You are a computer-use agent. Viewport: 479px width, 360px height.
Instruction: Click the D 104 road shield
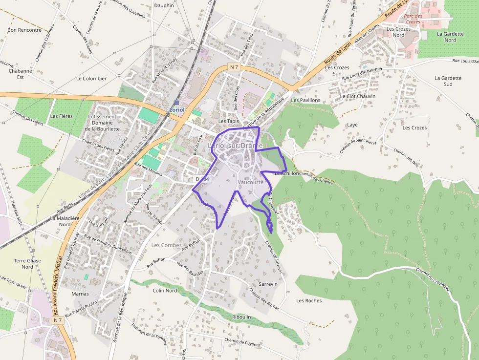coord(202,180)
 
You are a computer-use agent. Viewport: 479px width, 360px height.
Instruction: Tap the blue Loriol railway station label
coord(176,110)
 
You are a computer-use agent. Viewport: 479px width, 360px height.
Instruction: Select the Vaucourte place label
coord(250,182)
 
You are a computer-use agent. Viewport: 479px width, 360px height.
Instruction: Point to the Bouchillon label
coord(287,173)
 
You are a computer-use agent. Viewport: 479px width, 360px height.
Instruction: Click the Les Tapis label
coord(228,121)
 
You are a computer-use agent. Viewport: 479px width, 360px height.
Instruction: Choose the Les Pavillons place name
coord(305,100)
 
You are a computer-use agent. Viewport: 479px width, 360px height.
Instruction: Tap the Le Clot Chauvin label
coord(358,96)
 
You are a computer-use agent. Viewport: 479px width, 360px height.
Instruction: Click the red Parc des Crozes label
coord(413,19)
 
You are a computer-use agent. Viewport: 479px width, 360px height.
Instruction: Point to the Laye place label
coord(352,125)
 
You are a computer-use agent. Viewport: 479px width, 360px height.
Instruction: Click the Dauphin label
coord(164,5)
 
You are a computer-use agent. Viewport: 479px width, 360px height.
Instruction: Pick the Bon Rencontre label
coord(24,30)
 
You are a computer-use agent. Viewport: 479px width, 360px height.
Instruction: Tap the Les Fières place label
coord(61,116)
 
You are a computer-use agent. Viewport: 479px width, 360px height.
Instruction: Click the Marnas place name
coord(80,294)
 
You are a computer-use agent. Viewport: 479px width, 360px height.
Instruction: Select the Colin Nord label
coord(165,291)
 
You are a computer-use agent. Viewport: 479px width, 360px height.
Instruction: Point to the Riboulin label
coord(241,317)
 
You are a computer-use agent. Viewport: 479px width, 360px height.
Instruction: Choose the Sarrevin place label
coord(268,284)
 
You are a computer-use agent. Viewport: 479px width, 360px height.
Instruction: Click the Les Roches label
coord(309,300)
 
